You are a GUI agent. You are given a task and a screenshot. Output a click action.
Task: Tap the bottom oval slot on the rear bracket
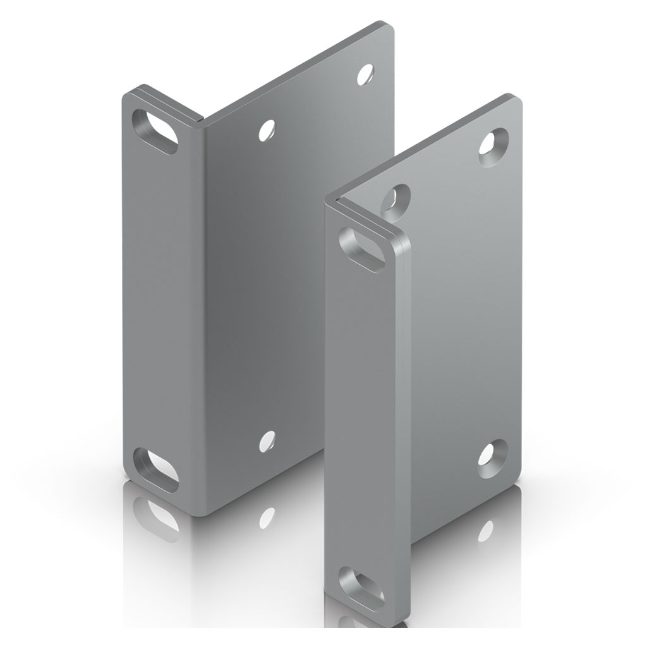155,470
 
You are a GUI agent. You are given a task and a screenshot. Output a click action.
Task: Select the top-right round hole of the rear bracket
365,75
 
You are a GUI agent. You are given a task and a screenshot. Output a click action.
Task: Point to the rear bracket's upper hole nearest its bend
267,130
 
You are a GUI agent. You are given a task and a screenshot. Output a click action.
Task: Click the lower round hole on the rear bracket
267,441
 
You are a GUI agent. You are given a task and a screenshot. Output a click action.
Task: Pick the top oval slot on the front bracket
362,248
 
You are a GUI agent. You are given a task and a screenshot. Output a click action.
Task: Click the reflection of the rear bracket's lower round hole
267,517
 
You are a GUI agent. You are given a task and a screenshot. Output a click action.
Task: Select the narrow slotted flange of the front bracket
360,411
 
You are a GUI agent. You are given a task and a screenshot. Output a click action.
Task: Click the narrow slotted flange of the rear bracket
161,303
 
